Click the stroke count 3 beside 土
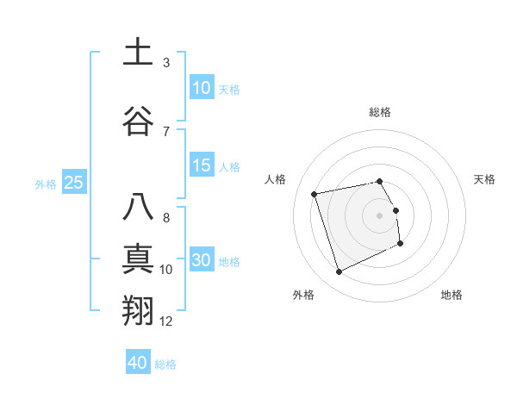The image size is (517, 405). coord(166,63)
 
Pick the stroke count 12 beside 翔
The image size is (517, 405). coord(166,321)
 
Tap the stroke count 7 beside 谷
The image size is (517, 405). coord(166,131)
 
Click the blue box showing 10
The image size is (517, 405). coord(202,87)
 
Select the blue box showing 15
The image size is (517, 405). coord(202,165)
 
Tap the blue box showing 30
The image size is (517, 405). coord(202,260)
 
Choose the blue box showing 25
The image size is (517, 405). coord(73,183)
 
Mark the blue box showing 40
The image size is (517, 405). coord(138,363)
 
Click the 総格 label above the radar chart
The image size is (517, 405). coord(380,112)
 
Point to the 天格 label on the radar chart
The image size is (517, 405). coord(484,179)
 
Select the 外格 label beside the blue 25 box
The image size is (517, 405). coord(46,184)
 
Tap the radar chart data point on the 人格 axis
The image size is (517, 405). coord(315,193)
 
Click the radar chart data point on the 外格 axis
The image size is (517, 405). coord(339,272)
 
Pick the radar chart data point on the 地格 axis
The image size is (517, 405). coord(401,244)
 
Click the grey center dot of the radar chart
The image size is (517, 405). coord(380,215)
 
